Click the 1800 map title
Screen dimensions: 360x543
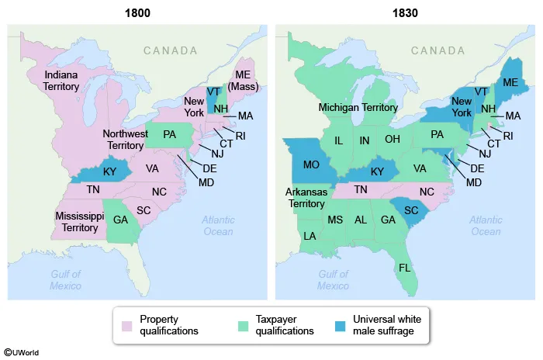[137, 12]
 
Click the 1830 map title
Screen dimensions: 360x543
[406, 12]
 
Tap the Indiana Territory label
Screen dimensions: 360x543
[62, 81]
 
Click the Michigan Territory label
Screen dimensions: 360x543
[358, 108]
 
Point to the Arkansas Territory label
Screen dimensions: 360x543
[306, 197]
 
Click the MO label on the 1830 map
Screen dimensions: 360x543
[311, 164]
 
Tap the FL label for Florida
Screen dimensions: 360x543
[403, 268]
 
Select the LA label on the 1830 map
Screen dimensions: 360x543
[310, 236]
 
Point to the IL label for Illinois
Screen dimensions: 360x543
[338, 141]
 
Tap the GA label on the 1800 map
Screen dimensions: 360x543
[120, 220]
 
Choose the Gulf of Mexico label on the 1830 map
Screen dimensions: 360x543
[333, 279]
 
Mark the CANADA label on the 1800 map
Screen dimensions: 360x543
[170, 50]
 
